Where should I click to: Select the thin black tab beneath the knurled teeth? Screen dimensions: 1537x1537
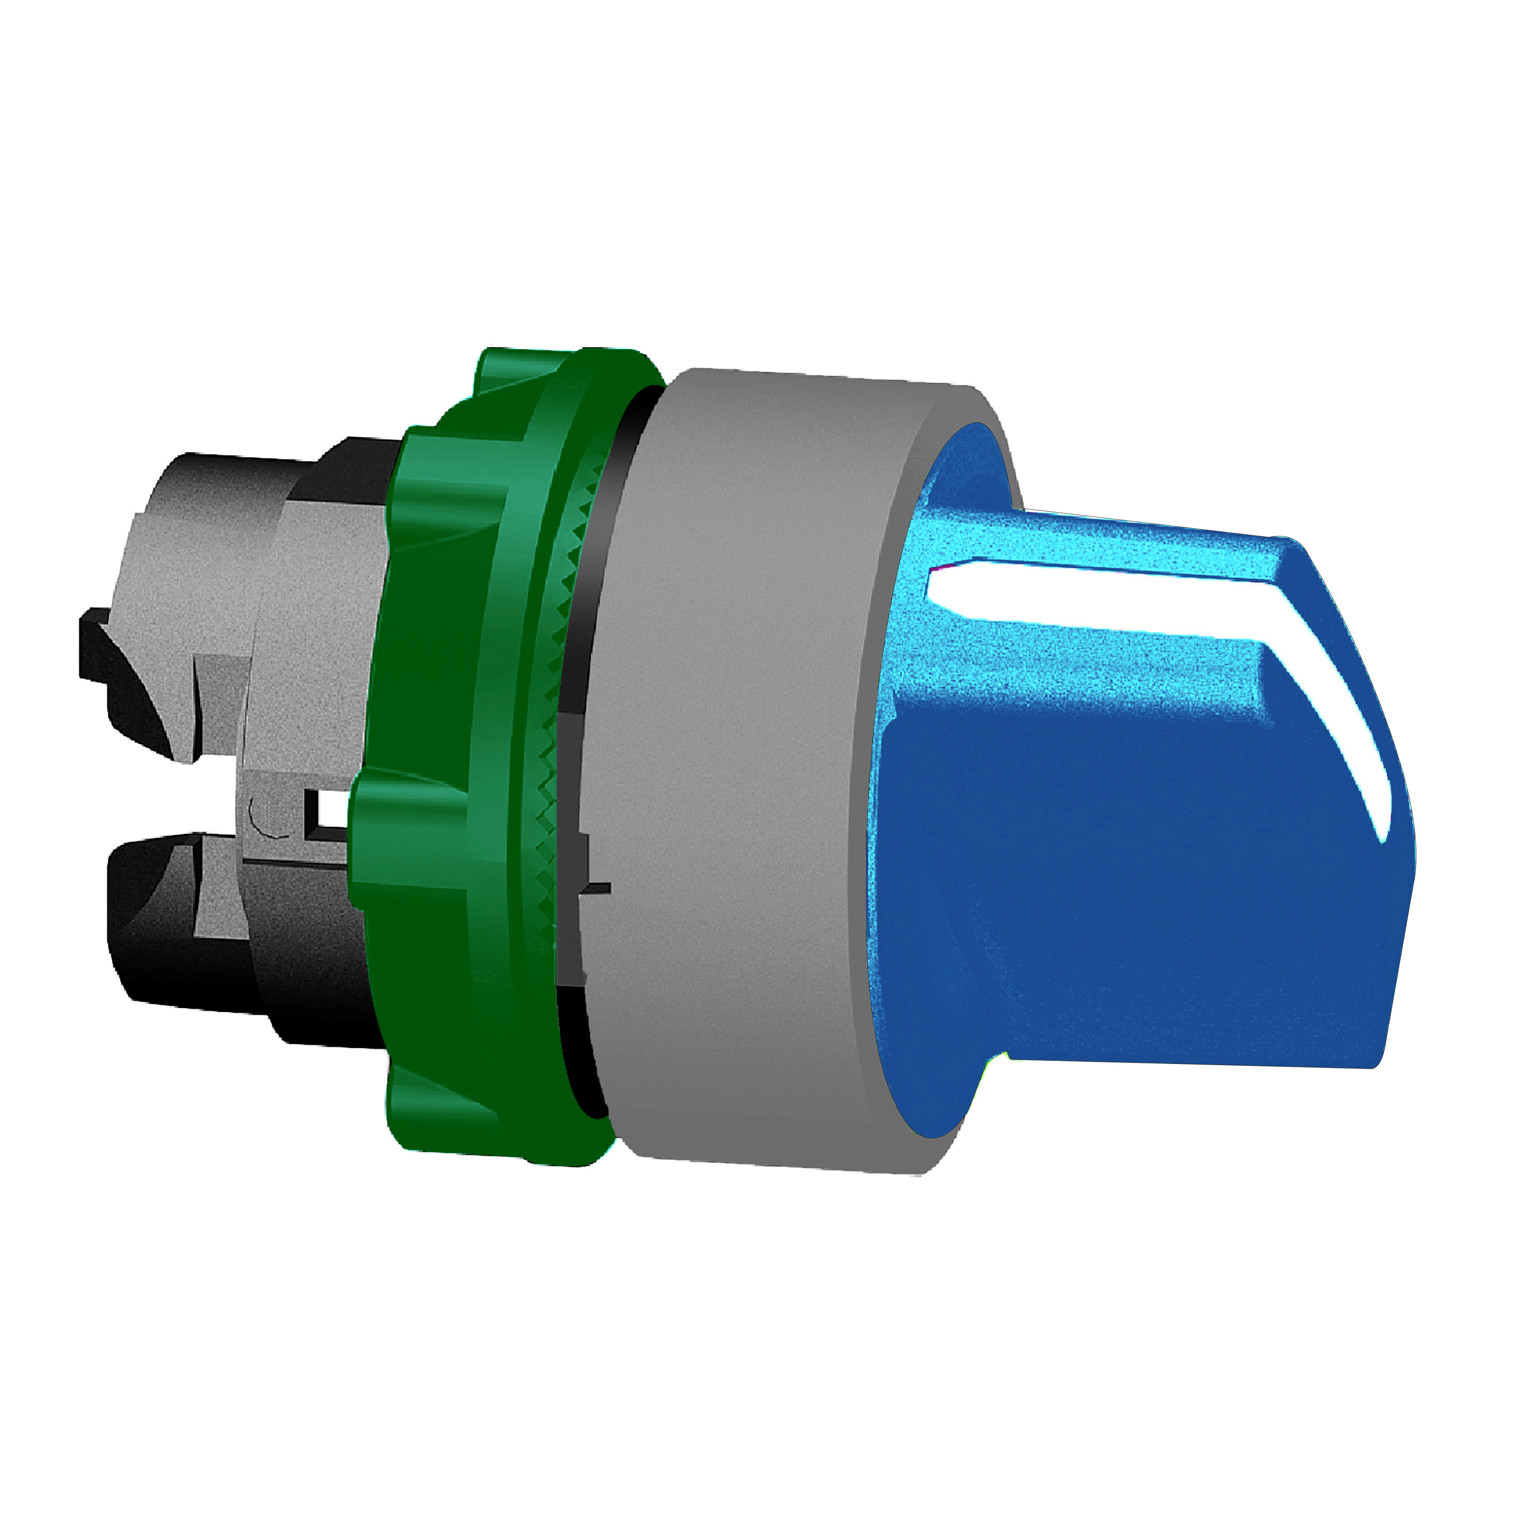[593, 887]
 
